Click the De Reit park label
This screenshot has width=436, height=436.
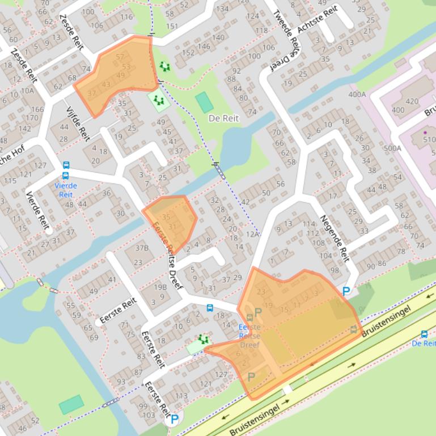click(x=224, y=118)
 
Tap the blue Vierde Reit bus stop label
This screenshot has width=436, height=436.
click(x=66, y=190)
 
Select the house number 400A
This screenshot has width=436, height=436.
click(x=357, y=95)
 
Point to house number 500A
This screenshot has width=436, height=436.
click(x=392, y=148)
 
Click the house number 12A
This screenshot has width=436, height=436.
click(x=252, y=234)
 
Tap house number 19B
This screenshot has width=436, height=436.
click(x=160, y=287)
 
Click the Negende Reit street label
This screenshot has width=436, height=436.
click(x=335, y=238)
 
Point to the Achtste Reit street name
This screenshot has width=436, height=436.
click(x=318, y=19)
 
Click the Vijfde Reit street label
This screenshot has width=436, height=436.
click(x=78, y=124)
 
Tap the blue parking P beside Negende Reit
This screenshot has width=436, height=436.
click(x=346, y=292)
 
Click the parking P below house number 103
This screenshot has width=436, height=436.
click(x=174, y=420)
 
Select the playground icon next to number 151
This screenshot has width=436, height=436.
click(x=164, y=67)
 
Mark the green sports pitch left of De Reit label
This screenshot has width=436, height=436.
click(x=204, y=102)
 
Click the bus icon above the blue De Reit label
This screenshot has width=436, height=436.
click(x=424, y=334)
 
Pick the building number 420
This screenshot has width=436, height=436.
click(x=412, y=102)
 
